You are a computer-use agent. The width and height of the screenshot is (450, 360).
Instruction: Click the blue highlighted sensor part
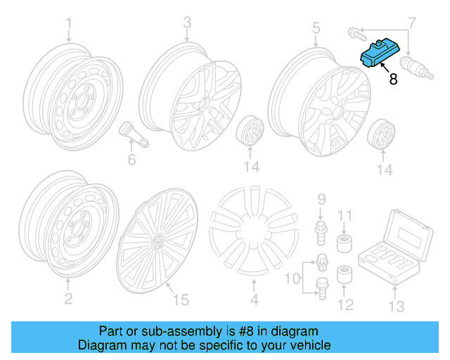(379, 54)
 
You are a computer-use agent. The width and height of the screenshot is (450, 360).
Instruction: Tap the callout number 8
(393, 79)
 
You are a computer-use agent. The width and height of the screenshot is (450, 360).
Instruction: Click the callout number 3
(187, 22)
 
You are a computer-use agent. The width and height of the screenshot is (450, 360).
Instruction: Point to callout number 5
(316, 27)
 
